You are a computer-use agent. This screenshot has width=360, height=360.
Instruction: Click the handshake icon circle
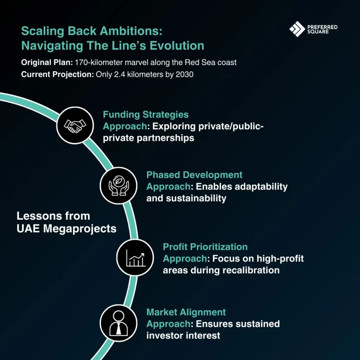click(75, 126)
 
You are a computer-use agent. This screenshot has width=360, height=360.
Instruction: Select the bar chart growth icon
click(135, 258)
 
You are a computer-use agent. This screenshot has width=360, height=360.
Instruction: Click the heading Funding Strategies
click(146, 115)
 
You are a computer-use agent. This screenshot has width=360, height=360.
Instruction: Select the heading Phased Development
click(194, 175)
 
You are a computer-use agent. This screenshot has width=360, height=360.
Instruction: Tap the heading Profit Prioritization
click(205, 247)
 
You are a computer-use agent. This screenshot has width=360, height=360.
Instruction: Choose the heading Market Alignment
click(186, 312)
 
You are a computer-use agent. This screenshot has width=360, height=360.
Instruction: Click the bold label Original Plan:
click(47, 63)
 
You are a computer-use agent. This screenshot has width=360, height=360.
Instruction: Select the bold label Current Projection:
click(57, 75)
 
